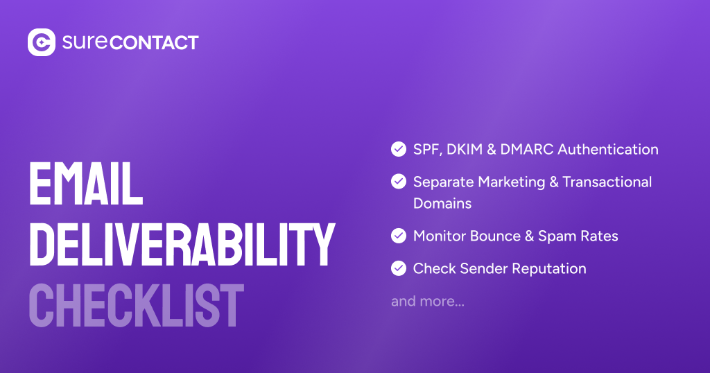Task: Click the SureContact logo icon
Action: [x=41, y=42]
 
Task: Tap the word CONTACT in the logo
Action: [x=154, y=42]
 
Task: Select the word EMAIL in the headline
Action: [x=85, y=184]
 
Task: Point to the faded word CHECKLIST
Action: [x=136, y=306]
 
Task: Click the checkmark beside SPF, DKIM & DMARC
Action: [x=399, y=149]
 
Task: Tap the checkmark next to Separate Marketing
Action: [x=399, y=182]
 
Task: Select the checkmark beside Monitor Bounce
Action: [x=399, y=236]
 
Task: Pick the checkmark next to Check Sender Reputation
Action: [x=399, y=268]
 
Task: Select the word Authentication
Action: [x=608, y=149]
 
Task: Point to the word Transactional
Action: [x=607, y=182]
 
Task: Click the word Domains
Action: [x=442, y=203]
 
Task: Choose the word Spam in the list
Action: [x=555, y=236]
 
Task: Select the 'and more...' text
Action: [x=428, y=302]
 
